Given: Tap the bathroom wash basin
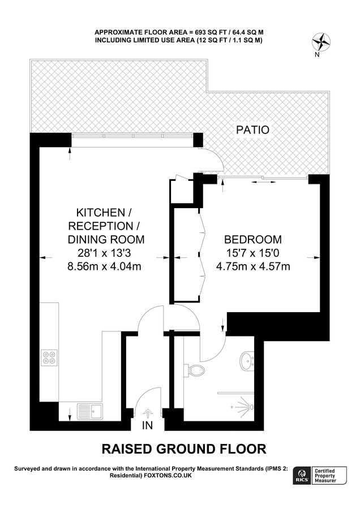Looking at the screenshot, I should (247, 359).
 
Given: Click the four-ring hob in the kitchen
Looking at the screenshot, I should (49, 357).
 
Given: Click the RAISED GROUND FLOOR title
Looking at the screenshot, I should (183, 450).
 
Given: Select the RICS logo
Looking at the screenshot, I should (302, 476).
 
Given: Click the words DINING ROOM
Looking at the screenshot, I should (106, 239).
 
